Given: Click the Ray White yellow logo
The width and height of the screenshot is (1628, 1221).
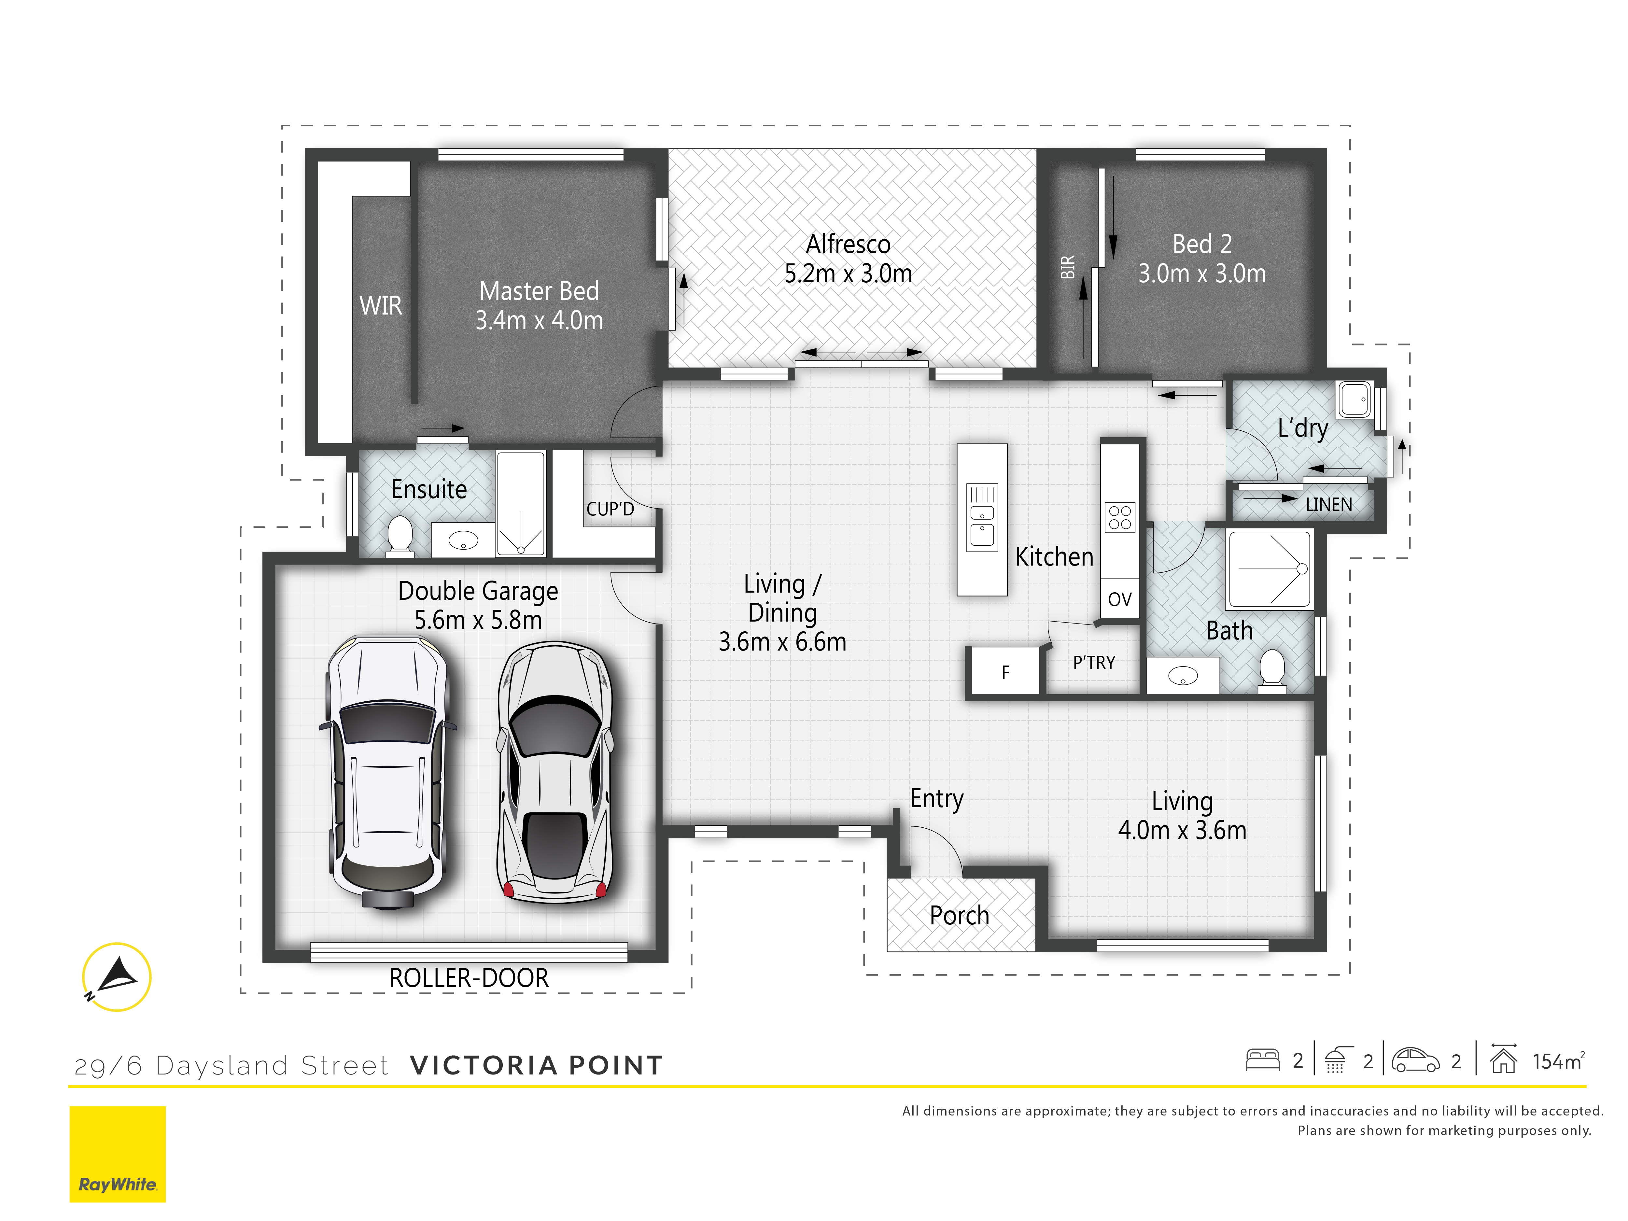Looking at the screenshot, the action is coord(118,1154).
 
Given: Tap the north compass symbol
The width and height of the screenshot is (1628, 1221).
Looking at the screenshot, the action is coord(116,977).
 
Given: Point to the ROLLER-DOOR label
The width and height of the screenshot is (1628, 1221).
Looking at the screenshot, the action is coord(469,978).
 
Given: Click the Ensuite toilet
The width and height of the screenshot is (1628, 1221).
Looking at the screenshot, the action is coord(400,534).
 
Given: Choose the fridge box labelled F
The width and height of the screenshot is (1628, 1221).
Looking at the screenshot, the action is coord(1005,671).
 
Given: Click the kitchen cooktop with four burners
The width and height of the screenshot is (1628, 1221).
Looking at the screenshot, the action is coord(1119,517).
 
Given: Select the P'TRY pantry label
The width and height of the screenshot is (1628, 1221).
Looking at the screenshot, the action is coord(1094,662).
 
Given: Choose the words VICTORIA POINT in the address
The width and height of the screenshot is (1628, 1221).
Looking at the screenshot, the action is coord(537,1065).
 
